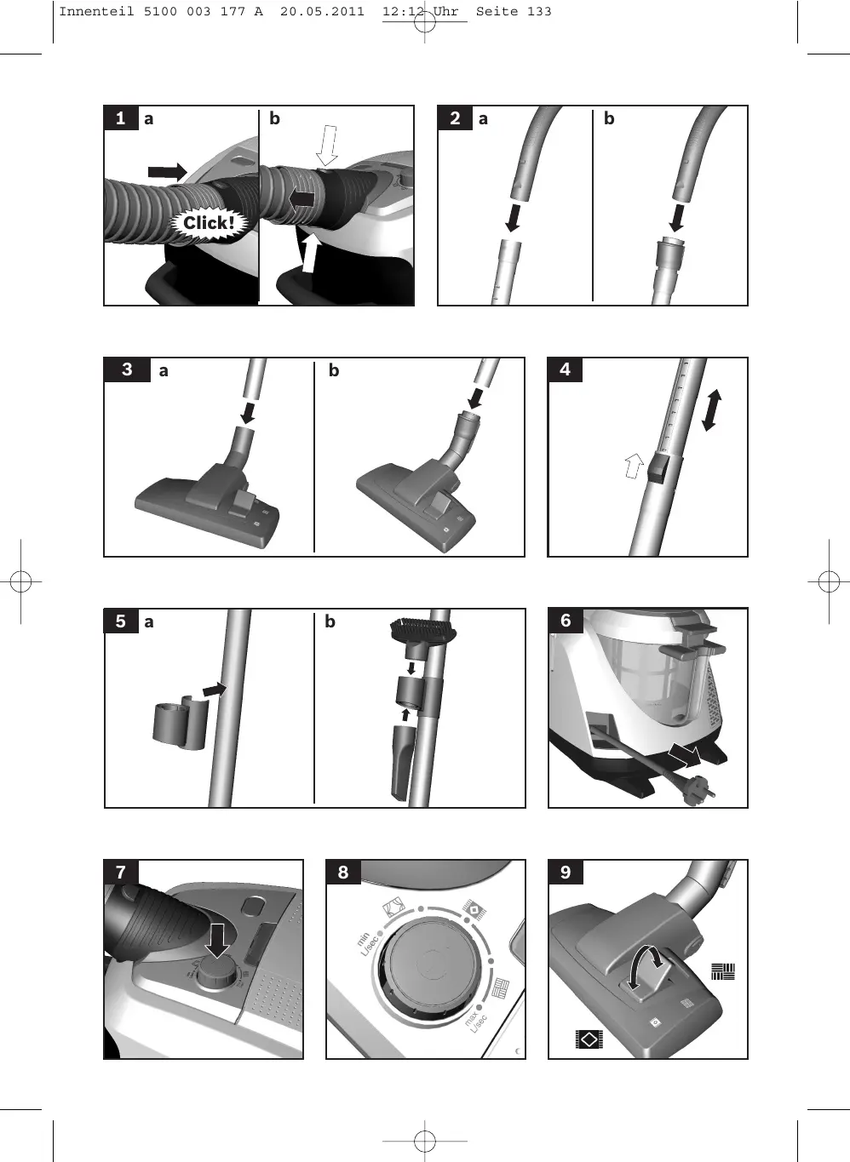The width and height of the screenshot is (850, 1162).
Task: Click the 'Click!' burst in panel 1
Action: click(x=209, y=224)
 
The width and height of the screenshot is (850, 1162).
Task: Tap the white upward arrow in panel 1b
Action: click(x=310, y=253)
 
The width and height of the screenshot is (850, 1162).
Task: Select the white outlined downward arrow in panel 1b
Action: click(x=327, y=145)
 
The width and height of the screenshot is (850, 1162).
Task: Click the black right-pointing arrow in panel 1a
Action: click(x=167, y=172)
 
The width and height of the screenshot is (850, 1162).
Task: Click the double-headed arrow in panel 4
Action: click(x=711, y=410)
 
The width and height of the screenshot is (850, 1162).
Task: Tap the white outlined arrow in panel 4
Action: click(x=634, y=466)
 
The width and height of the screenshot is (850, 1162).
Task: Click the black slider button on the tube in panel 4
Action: click(x=663, y=468)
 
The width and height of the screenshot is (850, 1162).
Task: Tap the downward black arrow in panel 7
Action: click(x=217, y=941)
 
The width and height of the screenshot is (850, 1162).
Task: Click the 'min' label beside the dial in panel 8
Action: click(x=363, y=938)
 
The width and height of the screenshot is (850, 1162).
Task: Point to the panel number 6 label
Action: click(x=566, y=621)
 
